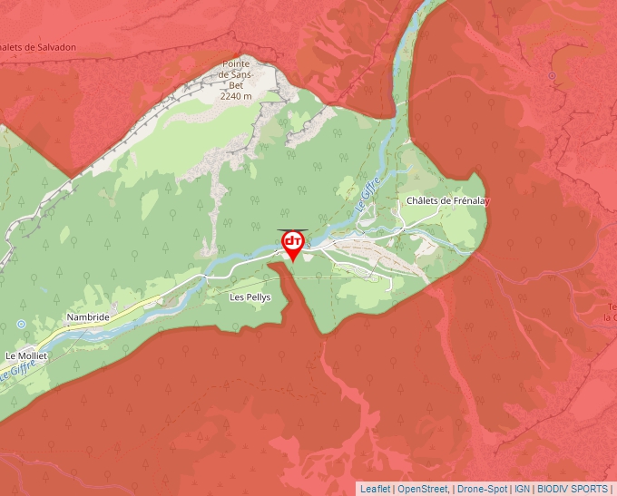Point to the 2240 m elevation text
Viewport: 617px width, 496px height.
[x=236, y=96]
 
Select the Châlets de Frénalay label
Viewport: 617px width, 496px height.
[x=447, y=201]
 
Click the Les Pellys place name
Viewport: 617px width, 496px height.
[x=250, y=297]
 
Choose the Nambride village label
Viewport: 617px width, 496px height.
[x=88, y=317]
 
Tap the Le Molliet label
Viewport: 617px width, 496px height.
[x=25, y=355]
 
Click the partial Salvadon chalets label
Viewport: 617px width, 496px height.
[x=38, y=48]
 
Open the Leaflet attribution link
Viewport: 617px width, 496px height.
[x=375, y=489]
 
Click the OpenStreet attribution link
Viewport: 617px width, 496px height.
[x=423, y=489]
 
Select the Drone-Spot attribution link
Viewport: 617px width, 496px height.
[x=482, y=489]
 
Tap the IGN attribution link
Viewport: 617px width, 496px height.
[x=522, y=489]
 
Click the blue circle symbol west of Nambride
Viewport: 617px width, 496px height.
[x=21, y=324]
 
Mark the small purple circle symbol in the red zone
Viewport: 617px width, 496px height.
[x=551, y=75]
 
